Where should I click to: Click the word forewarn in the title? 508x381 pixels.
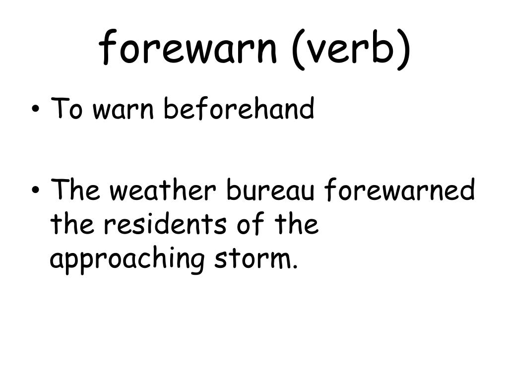188,48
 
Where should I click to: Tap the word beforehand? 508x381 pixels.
239,109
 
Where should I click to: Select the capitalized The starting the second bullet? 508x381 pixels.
76,191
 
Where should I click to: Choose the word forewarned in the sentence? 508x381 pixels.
400,191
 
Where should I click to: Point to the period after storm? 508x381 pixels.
295,266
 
